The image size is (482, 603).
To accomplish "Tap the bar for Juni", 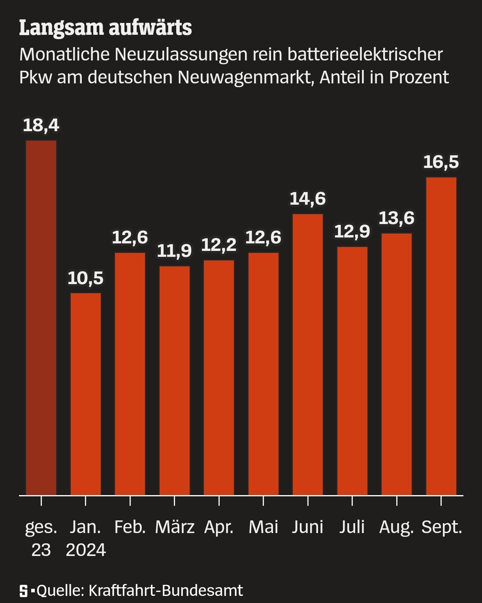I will [x=308, y=354].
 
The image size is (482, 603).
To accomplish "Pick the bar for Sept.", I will [x=441, y=336].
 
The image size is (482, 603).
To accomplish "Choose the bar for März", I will [x=175, y=380].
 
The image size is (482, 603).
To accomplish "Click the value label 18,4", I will [x=41, y=125].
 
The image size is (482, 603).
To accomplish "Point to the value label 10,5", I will [x=86, y=278].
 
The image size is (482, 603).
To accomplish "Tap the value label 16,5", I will [x=441, y=162].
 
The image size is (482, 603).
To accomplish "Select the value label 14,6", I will [x=308, y=198].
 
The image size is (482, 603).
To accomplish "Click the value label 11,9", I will [x=175, y=251].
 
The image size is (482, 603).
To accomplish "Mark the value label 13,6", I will [x=397, y=218].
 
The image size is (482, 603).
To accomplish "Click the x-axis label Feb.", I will [x=130, y=527].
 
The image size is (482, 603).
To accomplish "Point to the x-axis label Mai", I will [x=264, y=527].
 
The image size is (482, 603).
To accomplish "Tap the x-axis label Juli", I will [x=352, y=527].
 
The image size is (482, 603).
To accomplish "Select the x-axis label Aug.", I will [x=397, y=527].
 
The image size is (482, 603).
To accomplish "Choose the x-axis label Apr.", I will [x=219, y=527].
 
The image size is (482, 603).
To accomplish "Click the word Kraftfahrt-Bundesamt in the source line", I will [x=166, y=590].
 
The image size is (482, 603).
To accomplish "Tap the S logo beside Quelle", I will [x=24, y=591].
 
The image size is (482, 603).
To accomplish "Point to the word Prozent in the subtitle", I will [x=419, y=77].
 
